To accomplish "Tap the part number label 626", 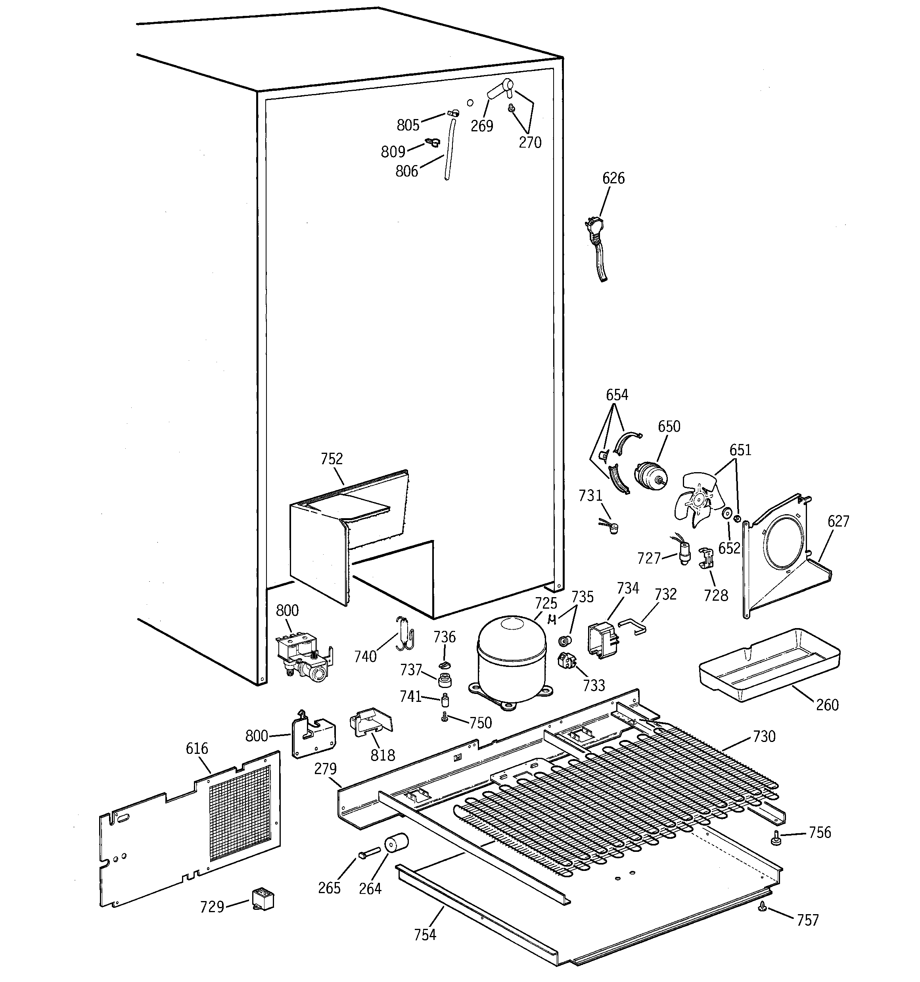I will [x=613, y=178].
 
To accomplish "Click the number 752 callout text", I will [x=332, y=459].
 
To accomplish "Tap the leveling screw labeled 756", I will [x=776, y=838].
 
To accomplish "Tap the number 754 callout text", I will [x=425, y=934].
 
